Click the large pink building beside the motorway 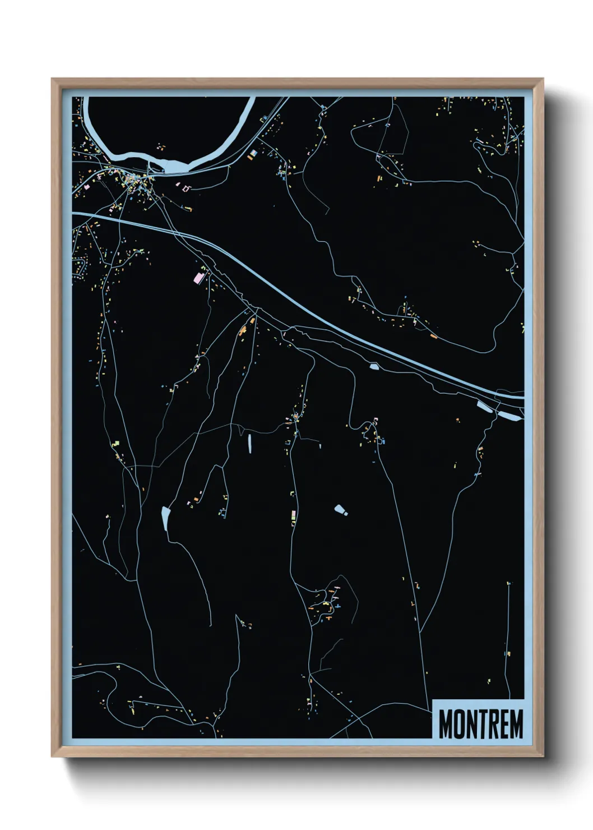point(199,276)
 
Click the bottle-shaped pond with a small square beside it point(339,510)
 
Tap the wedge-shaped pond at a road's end point(165,518)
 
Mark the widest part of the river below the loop point(173,166)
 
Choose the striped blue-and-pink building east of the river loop point(253,153)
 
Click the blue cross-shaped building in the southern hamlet point(337,606)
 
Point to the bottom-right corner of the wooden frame point(543,756)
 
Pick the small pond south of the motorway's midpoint point(374,367)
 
